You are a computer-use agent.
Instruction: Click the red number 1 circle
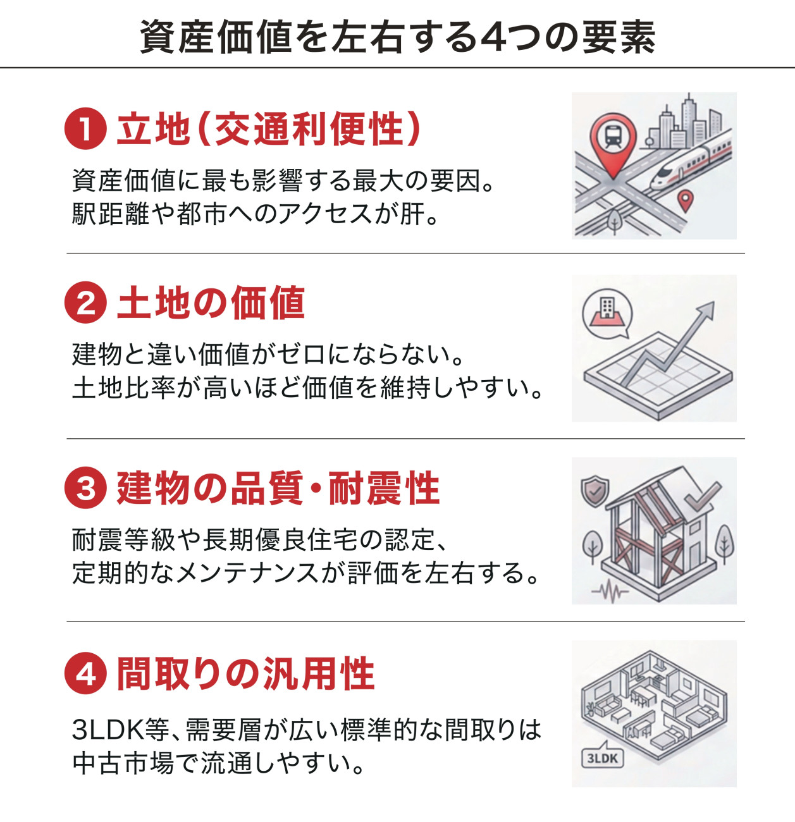(x=85, y=128)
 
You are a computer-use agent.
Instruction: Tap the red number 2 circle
(x=85, y=302)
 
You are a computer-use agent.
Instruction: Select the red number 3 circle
(x=85, y=488)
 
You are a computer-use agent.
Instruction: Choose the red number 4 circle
(x=85, y=673)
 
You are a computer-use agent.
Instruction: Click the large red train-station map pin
(x=612, y=144)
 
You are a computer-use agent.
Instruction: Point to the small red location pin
(x=685, y=200)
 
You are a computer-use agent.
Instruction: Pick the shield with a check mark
(x=595, y=491)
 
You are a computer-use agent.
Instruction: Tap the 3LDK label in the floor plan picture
(x=602, y=758)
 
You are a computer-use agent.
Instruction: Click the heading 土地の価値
(x=211, y=302)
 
